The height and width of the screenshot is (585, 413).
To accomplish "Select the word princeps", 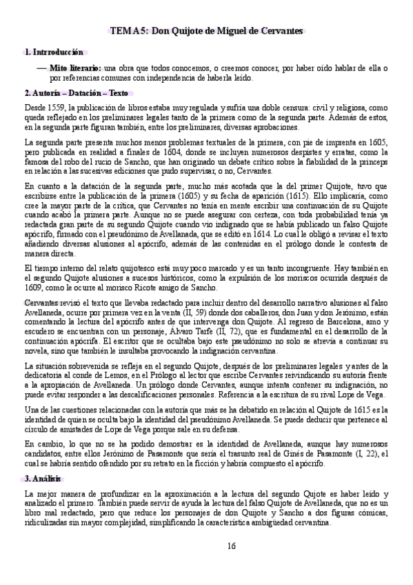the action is pos(371,161).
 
